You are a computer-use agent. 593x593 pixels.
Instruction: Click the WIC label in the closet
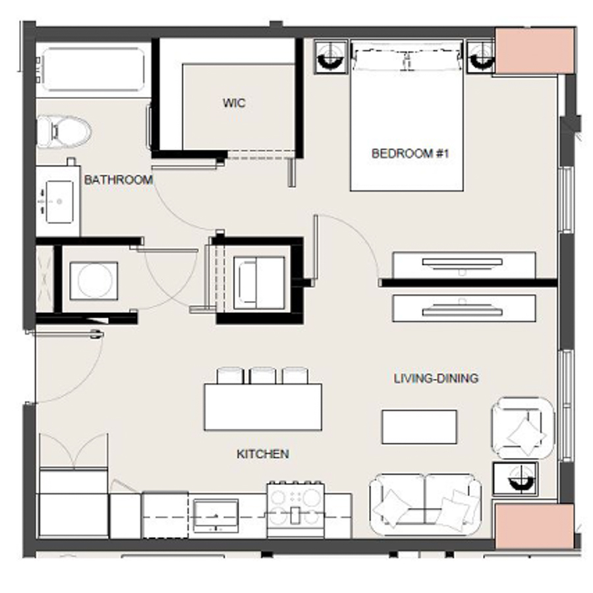[x=234, y=103]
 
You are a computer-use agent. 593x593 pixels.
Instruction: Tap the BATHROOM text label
[x=118, y=179]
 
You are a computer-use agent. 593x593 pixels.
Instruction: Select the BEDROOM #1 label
[x=410, y=154]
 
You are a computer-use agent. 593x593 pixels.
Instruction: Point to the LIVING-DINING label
[x=436, y=378]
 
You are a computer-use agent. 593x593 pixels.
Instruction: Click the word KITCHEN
[x=262, y=454]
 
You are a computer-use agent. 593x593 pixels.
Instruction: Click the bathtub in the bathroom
[x=92, y=68]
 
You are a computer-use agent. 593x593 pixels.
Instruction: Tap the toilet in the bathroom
[x=63, y=131]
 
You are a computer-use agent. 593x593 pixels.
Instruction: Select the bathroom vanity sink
[x=58, y=198]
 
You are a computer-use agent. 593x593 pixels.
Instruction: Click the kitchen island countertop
[x=263, y=407]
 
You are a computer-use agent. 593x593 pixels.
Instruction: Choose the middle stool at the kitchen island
[x=263, y=376]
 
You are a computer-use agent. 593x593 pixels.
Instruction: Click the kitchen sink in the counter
[x=215, y=514]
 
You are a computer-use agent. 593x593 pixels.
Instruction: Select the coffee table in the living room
[x=419, y=426]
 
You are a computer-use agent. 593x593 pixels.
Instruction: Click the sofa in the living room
[x=425, y=504]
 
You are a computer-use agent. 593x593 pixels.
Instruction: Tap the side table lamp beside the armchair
[x=515, y=478]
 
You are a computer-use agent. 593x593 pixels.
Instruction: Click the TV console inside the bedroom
[x=464, y=264]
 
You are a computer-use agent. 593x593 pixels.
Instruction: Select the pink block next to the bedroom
[x=534, y=51]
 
